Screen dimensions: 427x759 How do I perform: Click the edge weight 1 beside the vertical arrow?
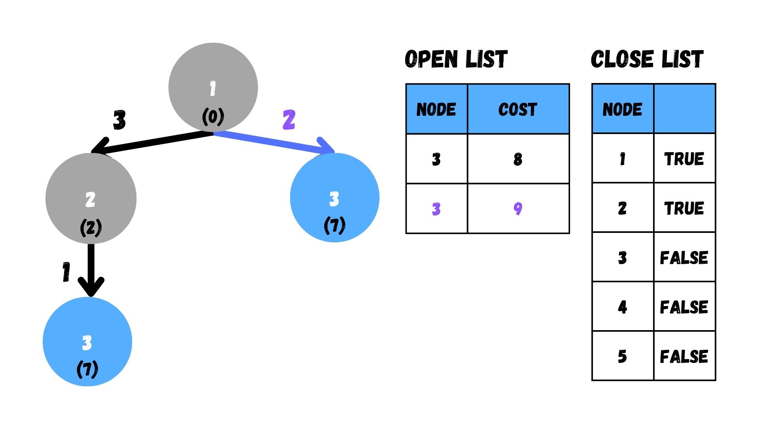point(66,272)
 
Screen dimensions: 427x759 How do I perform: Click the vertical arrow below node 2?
point(91,269)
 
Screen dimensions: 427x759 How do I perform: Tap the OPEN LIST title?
point(456,59)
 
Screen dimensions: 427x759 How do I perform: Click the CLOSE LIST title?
point(647,59)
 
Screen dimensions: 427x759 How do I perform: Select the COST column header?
point(518,109)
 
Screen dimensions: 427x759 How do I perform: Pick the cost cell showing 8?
point(518,159)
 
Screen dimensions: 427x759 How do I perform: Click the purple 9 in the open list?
point(518,208)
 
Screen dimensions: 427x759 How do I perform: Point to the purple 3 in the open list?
point(436,208)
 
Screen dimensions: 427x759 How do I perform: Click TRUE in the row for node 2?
point(684,208)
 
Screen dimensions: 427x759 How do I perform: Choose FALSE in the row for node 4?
point(684,307)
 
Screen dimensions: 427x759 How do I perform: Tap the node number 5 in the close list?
point(622,356)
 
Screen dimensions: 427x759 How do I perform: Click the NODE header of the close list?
point(622,109)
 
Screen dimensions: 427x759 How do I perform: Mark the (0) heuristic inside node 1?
point(213,117)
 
